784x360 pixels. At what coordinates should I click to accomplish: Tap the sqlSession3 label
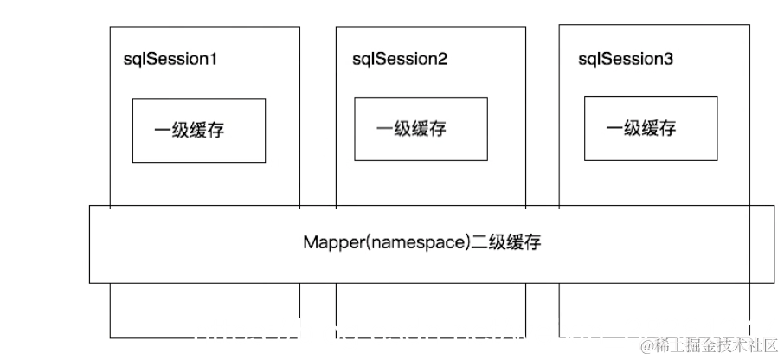click(x=626, y=60)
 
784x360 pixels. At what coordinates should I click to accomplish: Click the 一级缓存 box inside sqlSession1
click(x=199, y=131)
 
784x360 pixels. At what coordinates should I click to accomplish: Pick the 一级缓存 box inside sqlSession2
click(x=421, y=128)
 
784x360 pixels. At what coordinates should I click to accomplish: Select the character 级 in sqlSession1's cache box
click(x=181, y=131)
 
